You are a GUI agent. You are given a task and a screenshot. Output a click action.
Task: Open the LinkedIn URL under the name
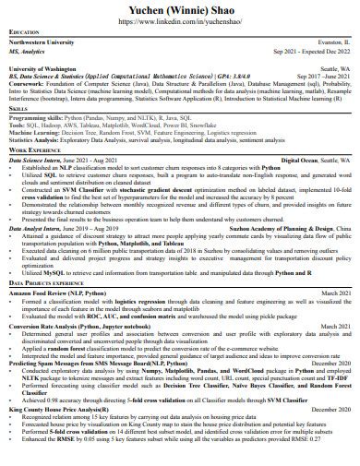click(180, 20)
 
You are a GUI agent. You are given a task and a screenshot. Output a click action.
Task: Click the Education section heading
click(24, 33)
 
